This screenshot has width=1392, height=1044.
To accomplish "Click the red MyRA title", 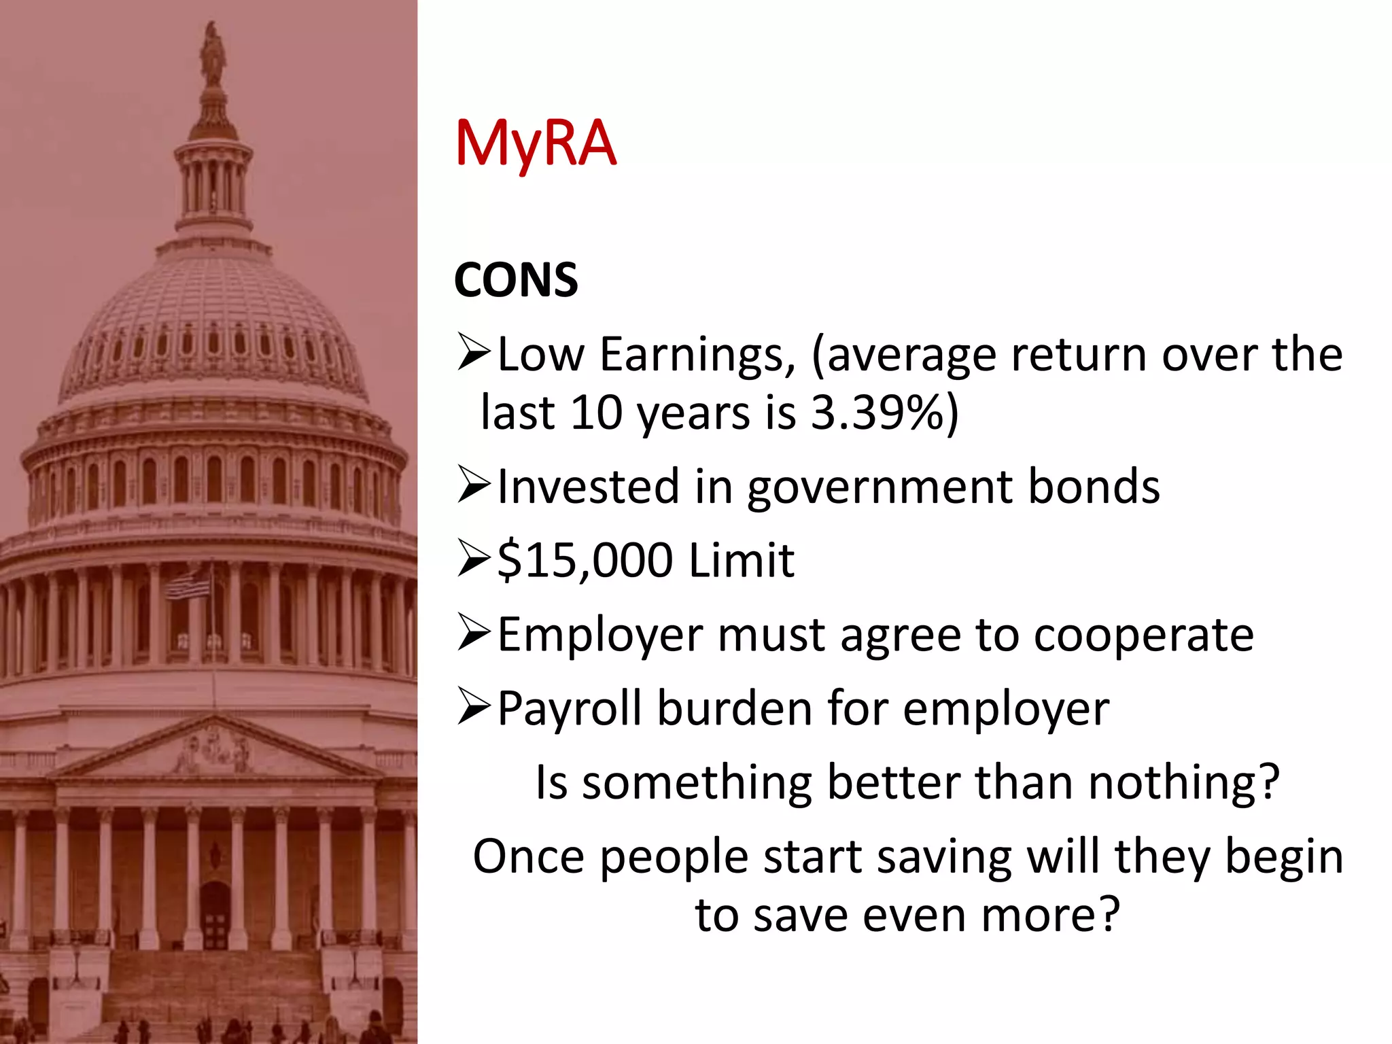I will [x=536, y=144].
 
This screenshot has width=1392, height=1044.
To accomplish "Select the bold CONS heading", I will [x=515, y=280].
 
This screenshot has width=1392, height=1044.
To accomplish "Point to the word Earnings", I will [x=697, y=355].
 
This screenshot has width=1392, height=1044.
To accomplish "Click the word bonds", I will [x=1094, y=487].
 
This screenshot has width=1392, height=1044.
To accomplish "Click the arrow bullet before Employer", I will [x=474, y=632].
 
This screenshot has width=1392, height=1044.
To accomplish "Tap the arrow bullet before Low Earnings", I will [x=474, y=351].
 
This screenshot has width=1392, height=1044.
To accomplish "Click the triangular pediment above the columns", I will [x=215, y=748].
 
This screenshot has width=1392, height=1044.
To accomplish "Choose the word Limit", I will [x=741, y=561].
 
